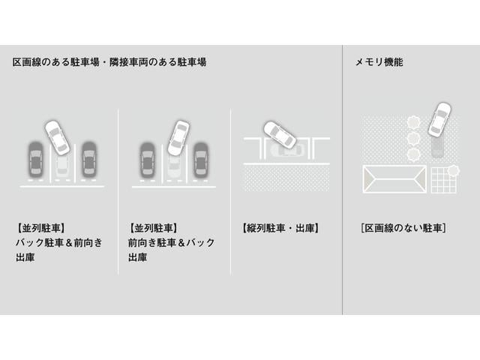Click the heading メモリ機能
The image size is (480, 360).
click(x=379, y=62)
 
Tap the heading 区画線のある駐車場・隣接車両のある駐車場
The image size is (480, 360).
click(x=109, y=62)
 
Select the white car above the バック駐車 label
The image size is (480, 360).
click(x=57, y=137)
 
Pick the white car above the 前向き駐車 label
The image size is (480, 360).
click(x=178, y=138)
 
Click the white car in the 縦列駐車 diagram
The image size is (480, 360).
click(x=280, y=135)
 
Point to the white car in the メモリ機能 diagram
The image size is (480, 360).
click(x=439, y=119)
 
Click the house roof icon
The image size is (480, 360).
click(x=394, y=179)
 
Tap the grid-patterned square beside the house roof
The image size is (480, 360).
click(x=443, y=180)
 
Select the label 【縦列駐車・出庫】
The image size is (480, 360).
click(x=280, y=228)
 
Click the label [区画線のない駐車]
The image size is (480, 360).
click(x=403, y=228)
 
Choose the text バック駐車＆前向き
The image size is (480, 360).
click(x=59, y=243)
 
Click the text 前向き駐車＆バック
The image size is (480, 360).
click(x=172, y=243)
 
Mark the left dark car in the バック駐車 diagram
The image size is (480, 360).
click(x=35, y=159)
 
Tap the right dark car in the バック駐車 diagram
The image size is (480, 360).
click(x=89, y=159)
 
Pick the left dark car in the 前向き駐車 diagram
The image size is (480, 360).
click(x=147, y=160)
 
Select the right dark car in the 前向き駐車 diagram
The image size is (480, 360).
click(x=201, y=160)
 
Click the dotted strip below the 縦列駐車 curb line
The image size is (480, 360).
click(x=286, y=178)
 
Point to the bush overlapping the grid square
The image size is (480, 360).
click(x=453, y=170)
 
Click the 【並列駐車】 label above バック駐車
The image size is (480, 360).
click(x=40, y=228)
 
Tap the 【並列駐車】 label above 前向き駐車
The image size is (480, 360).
click(x=153, y=228)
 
